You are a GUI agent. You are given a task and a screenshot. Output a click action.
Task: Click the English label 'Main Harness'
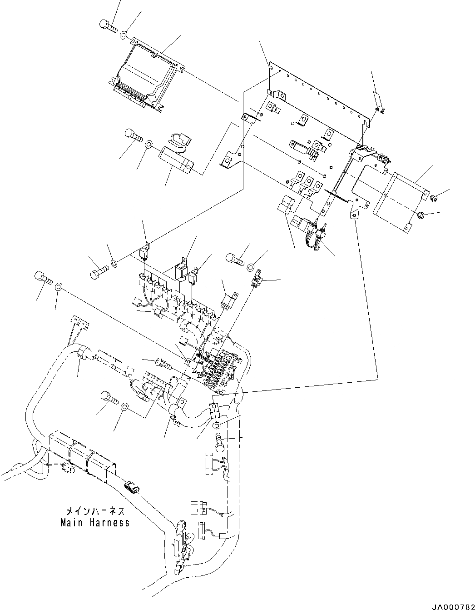point(95,523)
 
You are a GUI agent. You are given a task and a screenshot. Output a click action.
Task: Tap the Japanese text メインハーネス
point(95,511)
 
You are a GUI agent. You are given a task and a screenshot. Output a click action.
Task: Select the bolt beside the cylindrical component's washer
point(133,135)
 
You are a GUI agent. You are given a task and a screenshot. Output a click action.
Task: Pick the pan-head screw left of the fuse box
point(162,362)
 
